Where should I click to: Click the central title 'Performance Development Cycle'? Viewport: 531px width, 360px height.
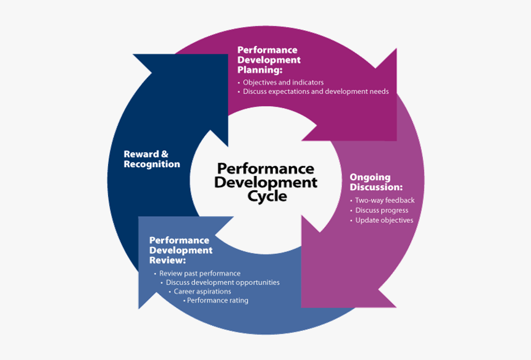[265, 182]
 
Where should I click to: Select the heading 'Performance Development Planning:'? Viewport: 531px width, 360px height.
[269, 60]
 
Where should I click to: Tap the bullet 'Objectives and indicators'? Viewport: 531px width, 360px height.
[283, 82]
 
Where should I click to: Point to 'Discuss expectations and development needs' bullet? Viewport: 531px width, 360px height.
[316, 91]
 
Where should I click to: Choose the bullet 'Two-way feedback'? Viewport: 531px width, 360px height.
[384, 200]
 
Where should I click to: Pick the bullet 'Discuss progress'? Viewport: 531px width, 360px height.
[382, 210]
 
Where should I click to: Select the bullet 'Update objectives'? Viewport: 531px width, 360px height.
[384, 220]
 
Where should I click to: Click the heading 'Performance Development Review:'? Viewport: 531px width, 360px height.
[180, 250]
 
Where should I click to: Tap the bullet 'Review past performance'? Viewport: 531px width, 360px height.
[199, 273]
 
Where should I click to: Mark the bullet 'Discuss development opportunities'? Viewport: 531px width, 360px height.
[222, 282]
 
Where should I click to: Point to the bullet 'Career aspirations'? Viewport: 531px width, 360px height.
[202, 291]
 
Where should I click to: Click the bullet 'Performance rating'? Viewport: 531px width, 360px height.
[217, 301]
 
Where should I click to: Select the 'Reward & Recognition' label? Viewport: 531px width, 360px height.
[152, 159]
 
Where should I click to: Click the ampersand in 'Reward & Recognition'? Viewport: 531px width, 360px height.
[164, 154]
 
